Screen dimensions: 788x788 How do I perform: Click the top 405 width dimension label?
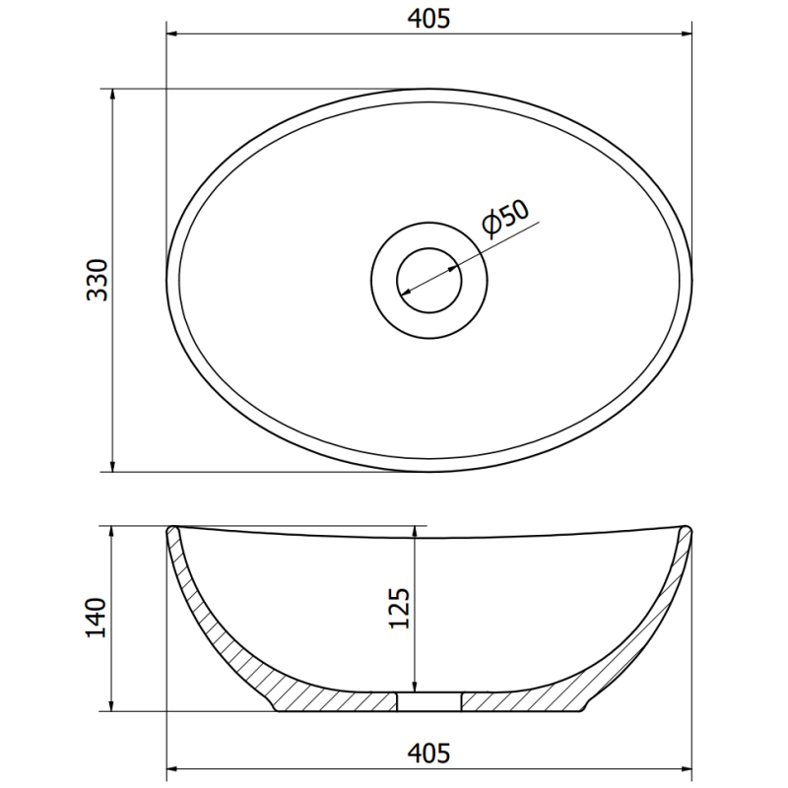click(428, 19)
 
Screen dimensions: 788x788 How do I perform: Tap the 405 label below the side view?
click(428, 754)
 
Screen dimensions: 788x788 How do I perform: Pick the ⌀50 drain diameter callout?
click(506, 218)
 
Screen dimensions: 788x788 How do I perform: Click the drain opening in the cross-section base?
click(429, 700)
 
